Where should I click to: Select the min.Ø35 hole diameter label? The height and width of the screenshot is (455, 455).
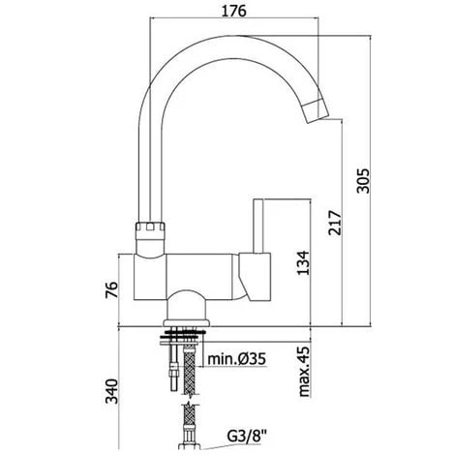(x=236, y=359)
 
